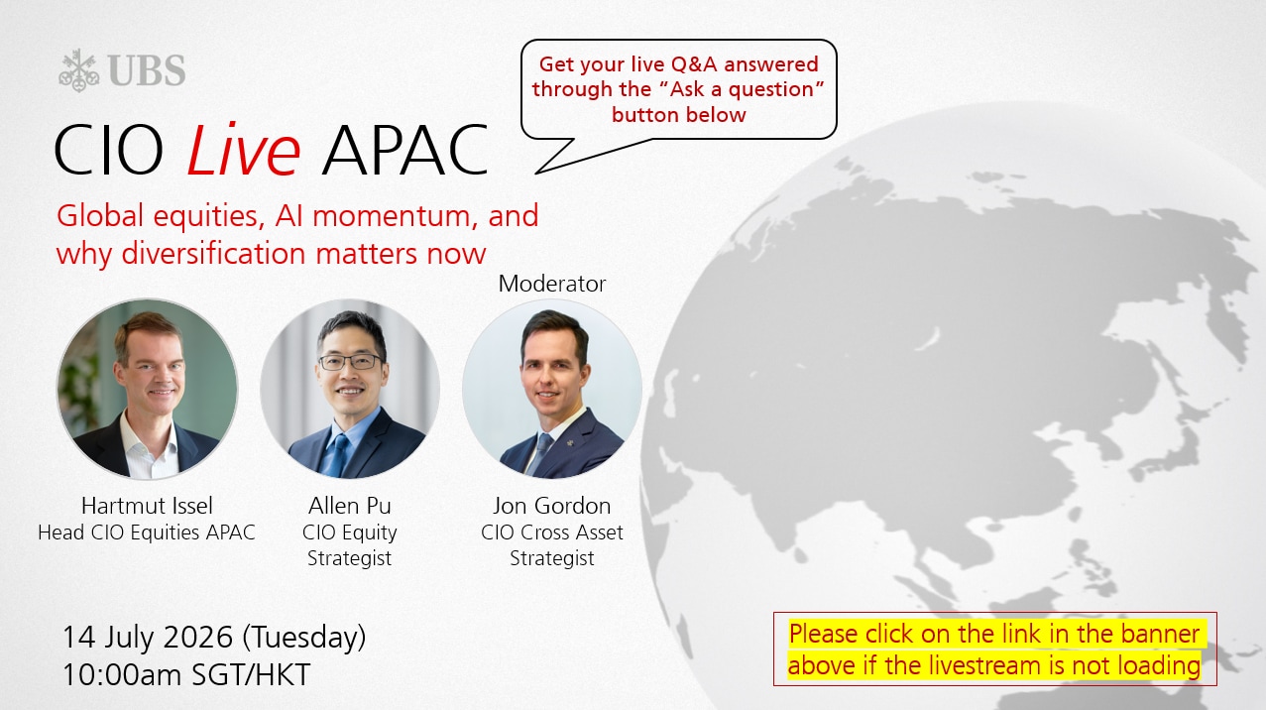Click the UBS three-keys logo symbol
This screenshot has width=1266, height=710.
79,70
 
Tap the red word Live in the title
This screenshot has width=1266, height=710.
243,149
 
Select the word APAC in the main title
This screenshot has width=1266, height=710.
404,150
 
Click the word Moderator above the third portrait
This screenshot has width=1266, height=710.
551,284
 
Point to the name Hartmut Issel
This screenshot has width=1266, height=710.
147,506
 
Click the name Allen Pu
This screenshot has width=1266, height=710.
349,506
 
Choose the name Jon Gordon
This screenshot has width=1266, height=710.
551,506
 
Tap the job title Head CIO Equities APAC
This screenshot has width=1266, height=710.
147,532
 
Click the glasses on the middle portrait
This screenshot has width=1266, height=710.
350,362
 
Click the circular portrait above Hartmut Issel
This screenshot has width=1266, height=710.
147,389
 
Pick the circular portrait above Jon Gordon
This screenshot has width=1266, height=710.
551,389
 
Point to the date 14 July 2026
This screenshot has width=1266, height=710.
148,637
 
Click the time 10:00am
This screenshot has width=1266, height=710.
123,675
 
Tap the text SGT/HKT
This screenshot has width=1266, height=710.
252,675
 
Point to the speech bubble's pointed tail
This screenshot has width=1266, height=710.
535,173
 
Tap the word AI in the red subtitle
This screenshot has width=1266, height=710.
289,216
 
